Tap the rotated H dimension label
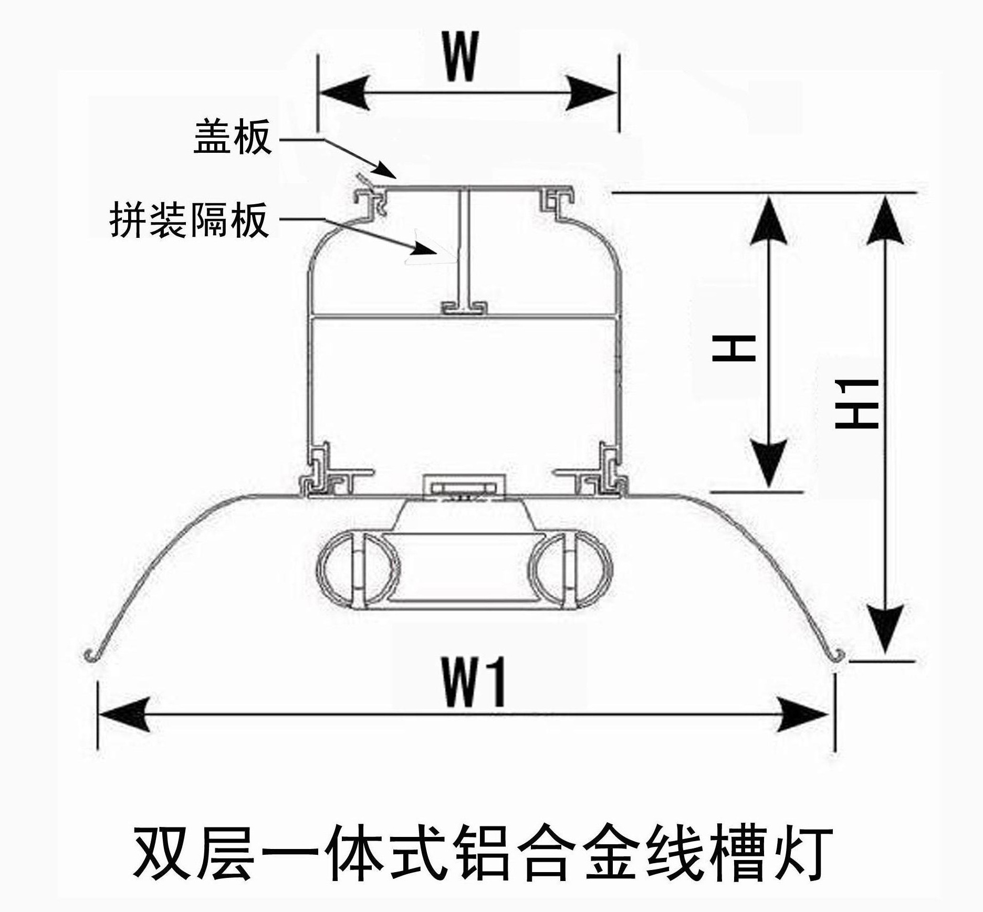734,348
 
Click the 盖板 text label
233,137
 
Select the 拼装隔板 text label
190,221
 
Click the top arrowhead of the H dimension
769,221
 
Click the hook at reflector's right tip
839,655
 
